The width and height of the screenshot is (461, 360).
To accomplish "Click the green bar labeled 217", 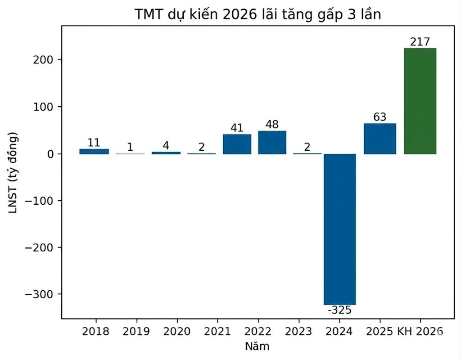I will [x=420, y=101].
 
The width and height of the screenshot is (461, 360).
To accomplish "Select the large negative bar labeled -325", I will [x=340, y=229].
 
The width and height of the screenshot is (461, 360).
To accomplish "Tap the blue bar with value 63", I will [x=380, y=139].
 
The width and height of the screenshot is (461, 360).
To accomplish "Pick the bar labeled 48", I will [x=272, y=142].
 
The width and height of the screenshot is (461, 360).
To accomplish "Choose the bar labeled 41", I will [x=237, y=144].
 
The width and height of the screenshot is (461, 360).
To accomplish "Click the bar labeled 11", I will [x=94, y=151].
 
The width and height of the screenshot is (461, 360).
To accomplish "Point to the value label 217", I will [x=420, y=42].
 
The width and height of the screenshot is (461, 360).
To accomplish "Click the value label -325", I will [x=339, y=310].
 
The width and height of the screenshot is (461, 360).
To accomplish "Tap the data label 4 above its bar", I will [x=166, y=146].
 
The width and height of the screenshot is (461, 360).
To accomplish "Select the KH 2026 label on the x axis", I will [x=420, y=332].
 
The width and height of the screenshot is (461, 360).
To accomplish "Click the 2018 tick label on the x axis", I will [x=95, y=332].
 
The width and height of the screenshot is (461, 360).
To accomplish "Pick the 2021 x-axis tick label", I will [x=217, y=332].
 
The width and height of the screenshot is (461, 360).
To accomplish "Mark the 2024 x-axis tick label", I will [x=339, y=332].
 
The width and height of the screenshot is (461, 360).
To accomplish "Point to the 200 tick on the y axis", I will [x=41, y=60].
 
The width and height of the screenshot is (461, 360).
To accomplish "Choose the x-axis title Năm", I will [x=257, y=346].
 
